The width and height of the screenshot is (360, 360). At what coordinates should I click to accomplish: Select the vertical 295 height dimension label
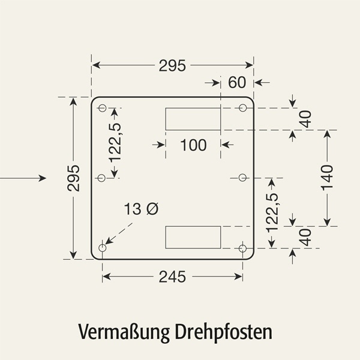[x=73, y=178]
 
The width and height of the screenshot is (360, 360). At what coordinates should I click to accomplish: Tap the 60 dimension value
[x=238, y=82]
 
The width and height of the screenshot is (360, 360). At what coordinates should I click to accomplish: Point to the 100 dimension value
[x=193, y=145]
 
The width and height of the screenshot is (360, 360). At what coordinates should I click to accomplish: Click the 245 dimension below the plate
[x=172, y=277]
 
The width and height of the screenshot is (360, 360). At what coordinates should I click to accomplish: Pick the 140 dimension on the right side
[x=326, y=178]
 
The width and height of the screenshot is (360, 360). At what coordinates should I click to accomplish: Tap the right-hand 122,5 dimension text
[x=272, y=213]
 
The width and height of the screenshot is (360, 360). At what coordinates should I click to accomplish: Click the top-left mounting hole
[x=102, y=108]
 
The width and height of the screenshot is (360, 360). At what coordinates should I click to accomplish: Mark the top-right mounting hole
[x=243, y=108]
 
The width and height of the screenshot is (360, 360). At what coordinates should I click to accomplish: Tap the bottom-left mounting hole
[x=102, y=248]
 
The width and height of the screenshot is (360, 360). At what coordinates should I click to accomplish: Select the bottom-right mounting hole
[x=243, y=248]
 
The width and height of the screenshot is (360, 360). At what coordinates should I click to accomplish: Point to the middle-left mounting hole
[x=101, y=178]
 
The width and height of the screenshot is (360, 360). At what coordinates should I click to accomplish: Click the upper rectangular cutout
[x=193, y=119]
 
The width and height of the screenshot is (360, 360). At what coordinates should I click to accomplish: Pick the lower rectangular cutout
[x=193, y=237]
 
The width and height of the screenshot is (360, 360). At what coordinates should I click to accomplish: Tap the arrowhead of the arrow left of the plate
[x=42, y=178]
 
